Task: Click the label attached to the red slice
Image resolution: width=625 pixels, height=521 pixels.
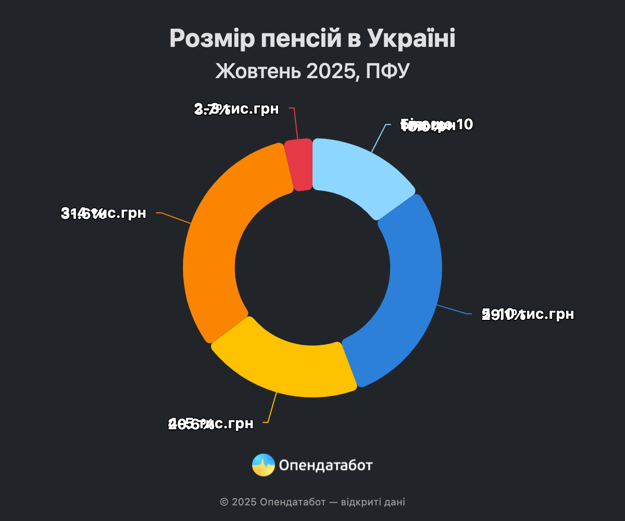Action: click(x=236, y=109)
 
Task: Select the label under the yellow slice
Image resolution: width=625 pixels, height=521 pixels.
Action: click(x=211, y=424)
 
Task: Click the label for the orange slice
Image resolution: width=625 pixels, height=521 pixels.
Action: click(x=104, y=213)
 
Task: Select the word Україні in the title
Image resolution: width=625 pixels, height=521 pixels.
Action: click(x=411, y=39)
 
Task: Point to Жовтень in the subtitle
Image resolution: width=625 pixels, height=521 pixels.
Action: click(x=258, y=71)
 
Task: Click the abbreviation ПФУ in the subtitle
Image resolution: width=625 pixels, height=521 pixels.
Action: click(x=388, y=71)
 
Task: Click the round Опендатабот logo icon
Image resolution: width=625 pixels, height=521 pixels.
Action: click(x=264, y=465)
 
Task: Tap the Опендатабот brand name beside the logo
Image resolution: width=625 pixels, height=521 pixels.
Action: click(x=326, y=465)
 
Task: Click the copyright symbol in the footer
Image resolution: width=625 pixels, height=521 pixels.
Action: click(x=224, y=502)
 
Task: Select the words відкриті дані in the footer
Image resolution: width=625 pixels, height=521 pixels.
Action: click(x=373, y=502)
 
